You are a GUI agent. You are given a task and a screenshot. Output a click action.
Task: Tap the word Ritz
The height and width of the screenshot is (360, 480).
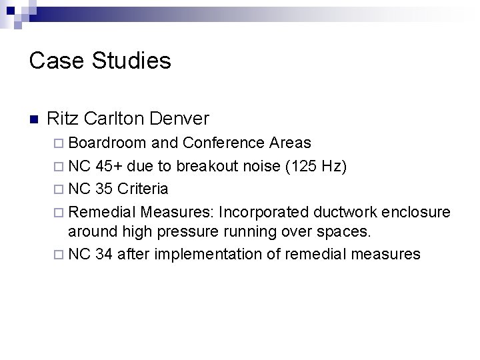coord(63,119)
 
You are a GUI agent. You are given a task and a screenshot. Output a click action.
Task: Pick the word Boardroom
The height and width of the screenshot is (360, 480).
coord(109,142)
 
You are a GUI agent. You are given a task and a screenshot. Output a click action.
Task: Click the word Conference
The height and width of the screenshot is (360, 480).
coord(224,142)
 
